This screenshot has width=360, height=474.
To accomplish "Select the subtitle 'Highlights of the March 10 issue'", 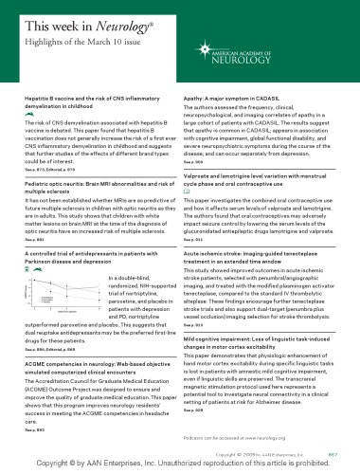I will (70, 35).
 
